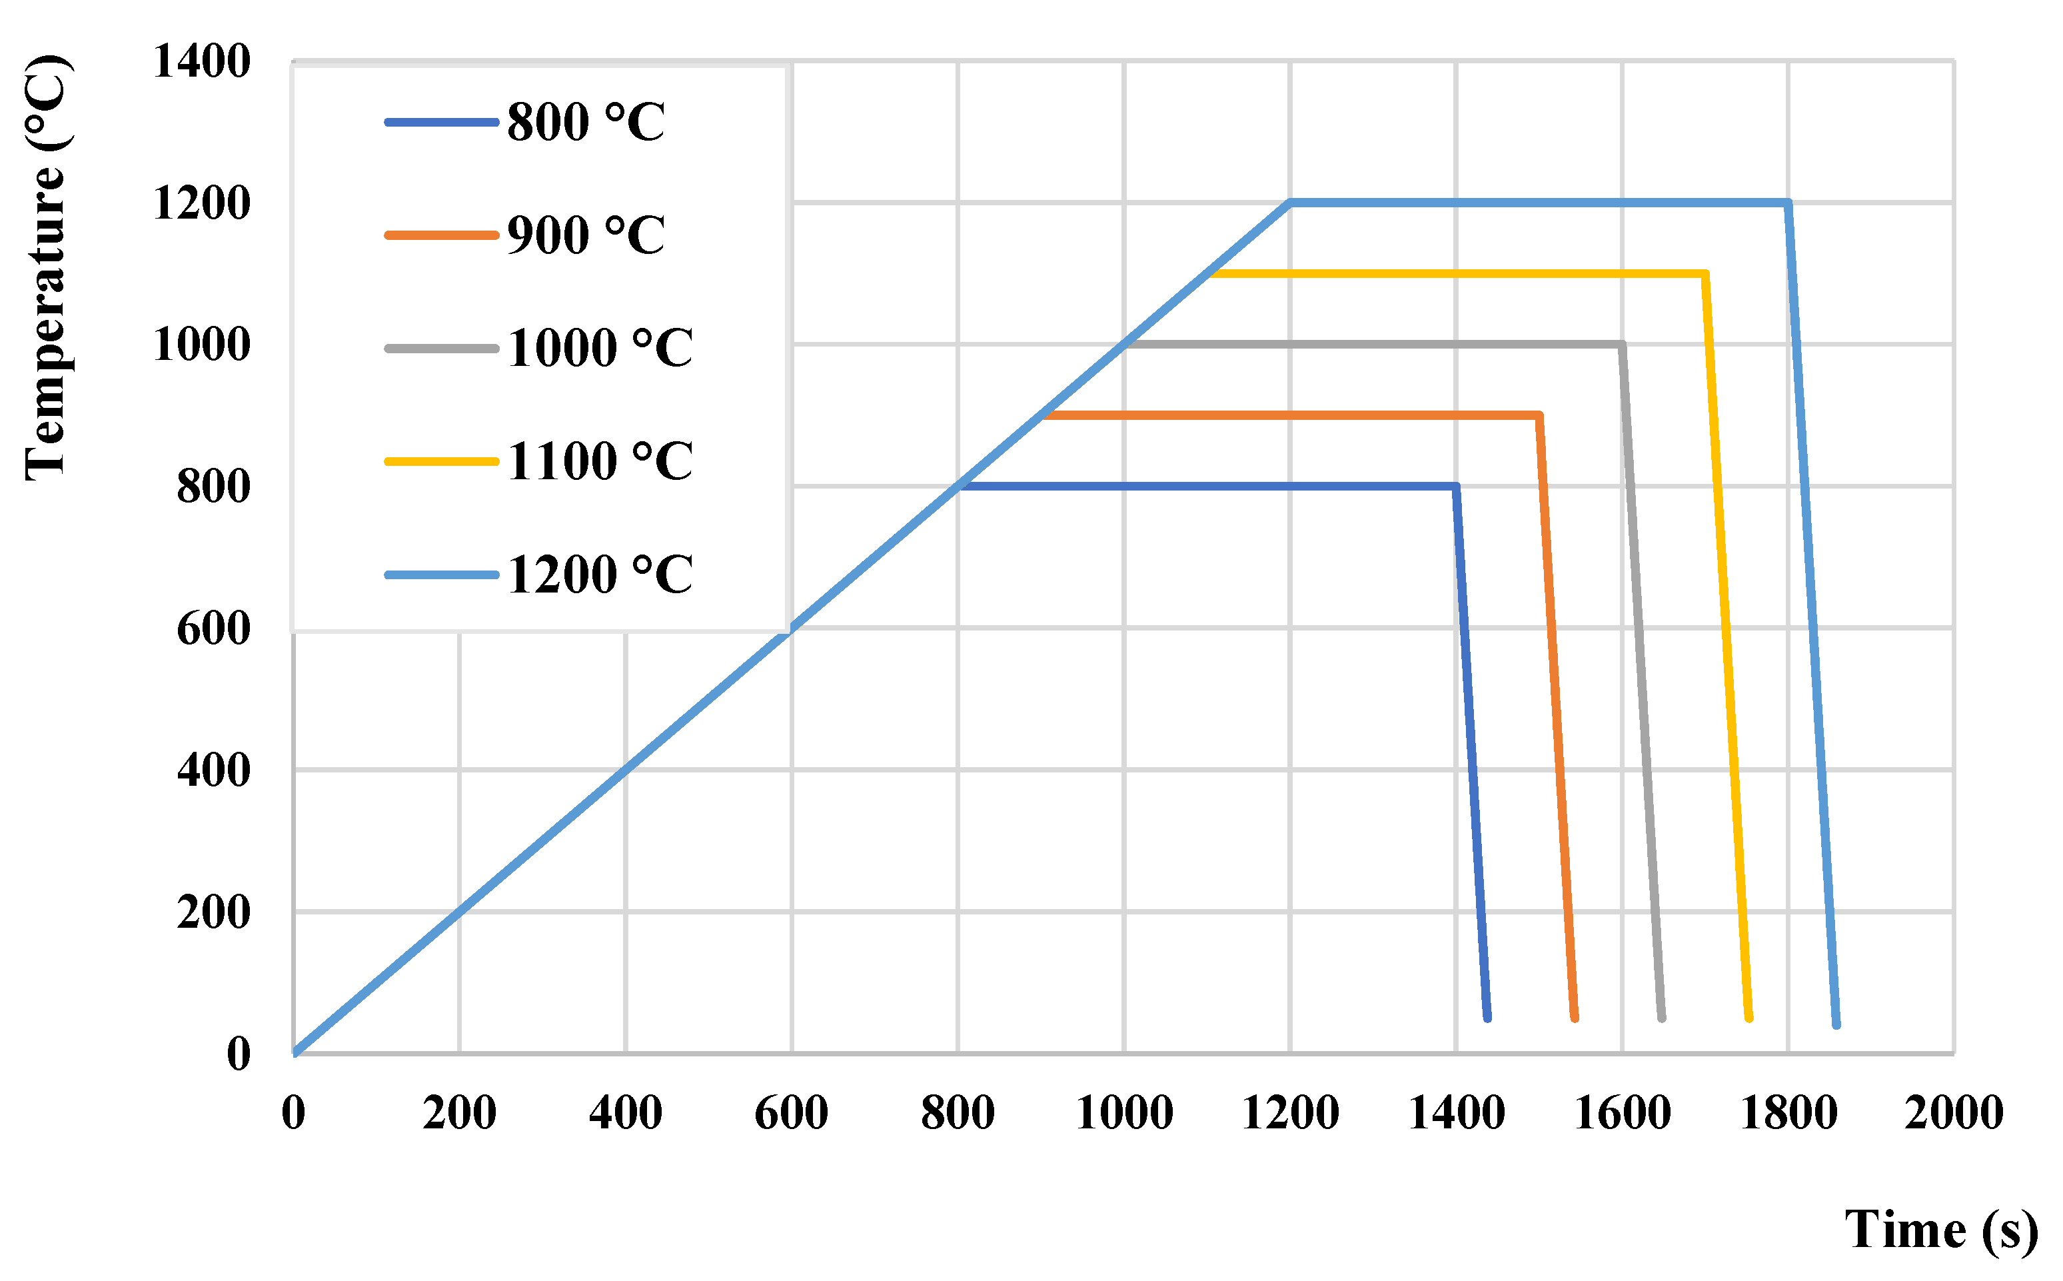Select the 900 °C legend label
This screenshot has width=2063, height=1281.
pos(584,235)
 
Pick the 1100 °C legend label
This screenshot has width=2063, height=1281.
pos(599,462)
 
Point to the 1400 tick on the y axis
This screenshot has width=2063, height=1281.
pos(201,61)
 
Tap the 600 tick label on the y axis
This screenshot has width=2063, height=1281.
pos(213,629)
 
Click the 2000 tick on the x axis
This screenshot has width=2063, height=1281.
pos(1954,1113)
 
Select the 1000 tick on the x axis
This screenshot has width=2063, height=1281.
pos(1124,1113)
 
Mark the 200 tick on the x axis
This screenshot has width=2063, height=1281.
pos(459,1113)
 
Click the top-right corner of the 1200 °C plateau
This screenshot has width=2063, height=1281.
pos(1788,203)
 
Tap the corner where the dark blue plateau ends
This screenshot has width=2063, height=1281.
pos(1456,487)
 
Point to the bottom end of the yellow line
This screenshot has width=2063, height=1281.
pos(1748,1018)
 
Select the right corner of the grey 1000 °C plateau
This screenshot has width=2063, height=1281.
pos(1622,344)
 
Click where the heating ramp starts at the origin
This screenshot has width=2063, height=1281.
pos(294,1053)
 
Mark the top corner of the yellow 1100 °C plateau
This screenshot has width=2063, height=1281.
pos(1705,274)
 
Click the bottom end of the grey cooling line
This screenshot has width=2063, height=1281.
pos(1662,1018)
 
